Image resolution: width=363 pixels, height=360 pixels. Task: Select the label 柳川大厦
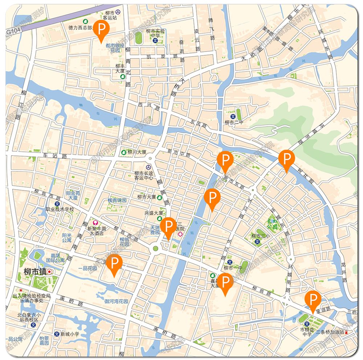[x=136, y=152]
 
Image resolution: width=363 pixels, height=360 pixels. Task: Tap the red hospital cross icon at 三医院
[x=180, y=235]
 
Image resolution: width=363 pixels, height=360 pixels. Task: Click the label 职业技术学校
[x=60, y=210]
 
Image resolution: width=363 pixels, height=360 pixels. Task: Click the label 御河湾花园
[x=116, y=301]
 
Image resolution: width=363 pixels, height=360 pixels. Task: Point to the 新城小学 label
[x=70, y=334]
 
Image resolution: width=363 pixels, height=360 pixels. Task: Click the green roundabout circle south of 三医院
[x=156, y=248]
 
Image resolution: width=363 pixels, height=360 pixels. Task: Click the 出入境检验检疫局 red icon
[x=21, y=291]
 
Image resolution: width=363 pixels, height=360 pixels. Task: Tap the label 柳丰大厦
[x=120, y=69]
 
